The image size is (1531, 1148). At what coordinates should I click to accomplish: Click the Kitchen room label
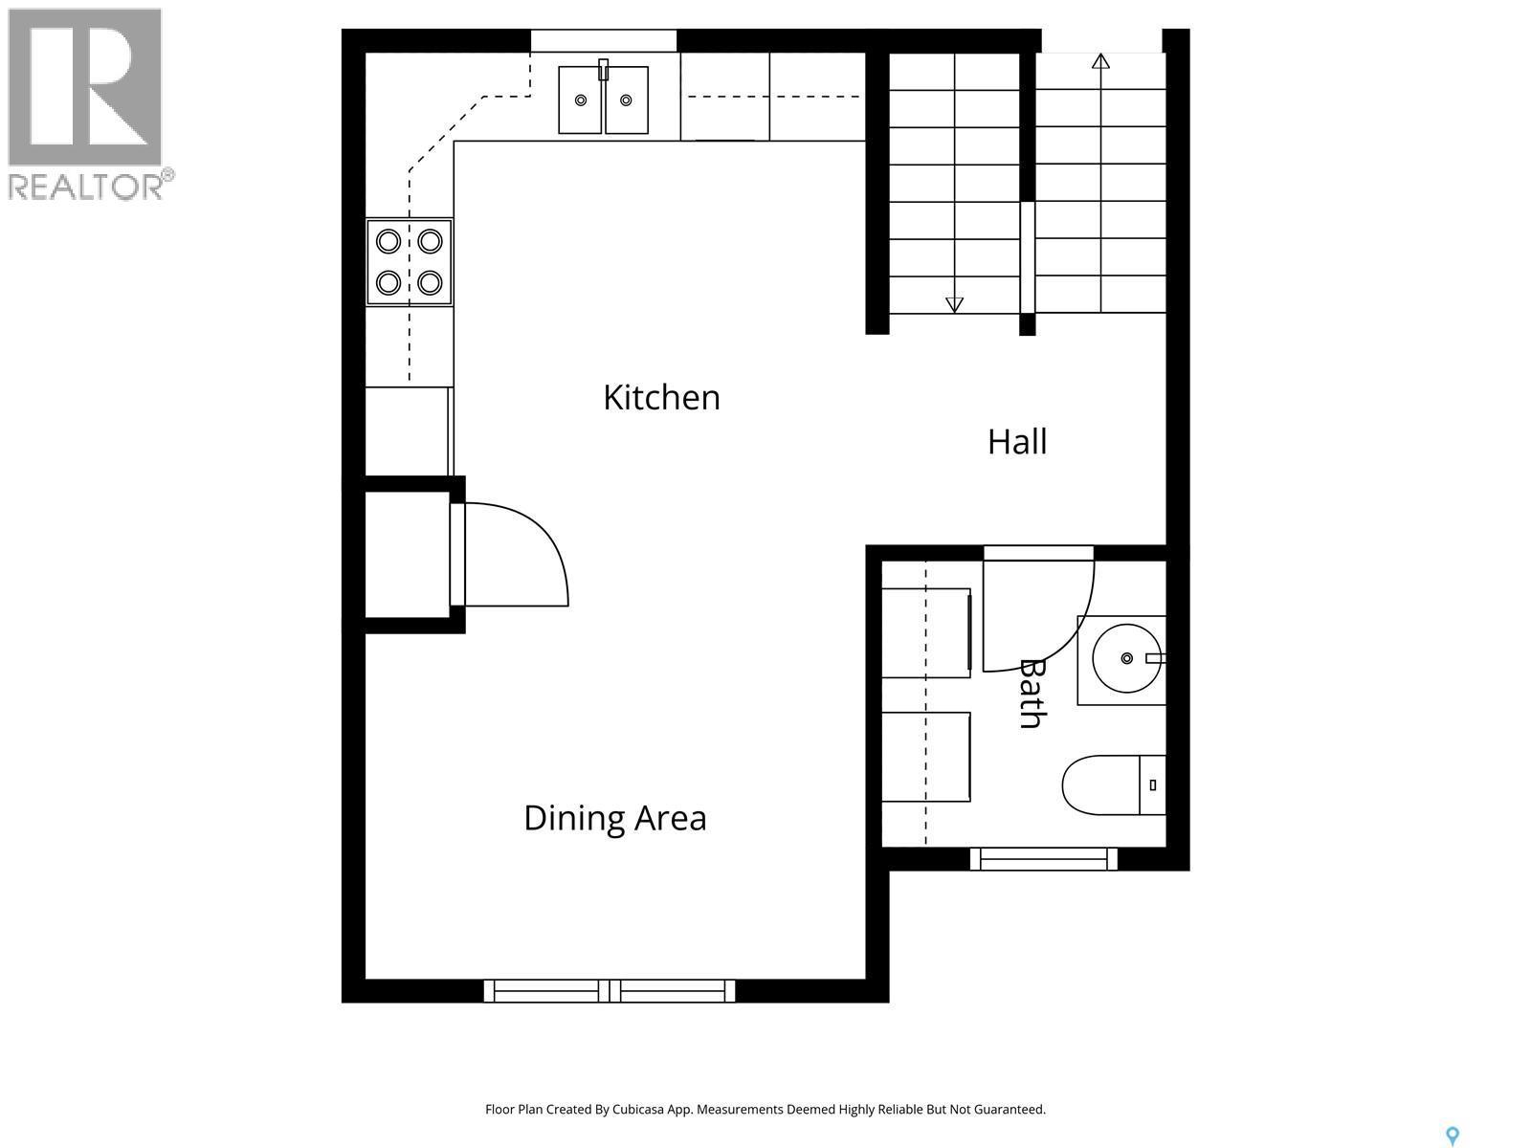click(661, 397)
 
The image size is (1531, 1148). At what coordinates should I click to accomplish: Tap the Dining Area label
click(614, 818)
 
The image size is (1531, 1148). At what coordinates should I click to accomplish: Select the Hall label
click(1016, 442)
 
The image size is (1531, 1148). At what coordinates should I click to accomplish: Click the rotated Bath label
click(1030, 694)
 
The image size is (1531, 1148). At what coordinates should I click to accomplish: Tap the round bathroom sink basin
click(1126, 658)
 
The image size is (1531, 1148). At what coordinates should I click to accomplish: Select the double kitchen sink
click(603, 99)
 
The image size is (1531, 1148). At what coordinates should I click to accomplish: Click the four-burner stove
click(410, 261)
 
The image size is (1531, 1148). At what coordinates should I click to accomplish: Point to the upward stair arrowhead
click(1100, 62)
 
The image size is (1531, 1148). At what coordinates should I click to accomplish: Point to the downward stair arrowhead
click(954, 305)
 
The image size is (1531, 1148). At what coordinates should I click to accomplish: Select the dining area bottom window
click(610, 990)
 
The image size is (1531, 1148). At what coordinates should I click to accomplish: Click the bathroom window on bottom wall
click(1044, 858)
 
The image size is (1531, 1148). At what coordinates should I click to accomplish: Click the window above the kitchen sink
click(604, 40)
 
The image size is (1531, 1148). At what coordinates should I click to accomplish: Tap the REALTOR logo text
click(89, 186)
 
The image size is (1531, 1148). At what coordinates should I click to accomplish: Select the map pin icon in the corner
click(1452, 1136)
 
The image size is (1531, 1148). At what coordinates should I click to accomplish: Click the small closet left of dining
click(408, 555)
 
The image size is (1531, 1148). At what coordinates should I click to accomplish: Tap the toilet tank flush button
click(1153, 784)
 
